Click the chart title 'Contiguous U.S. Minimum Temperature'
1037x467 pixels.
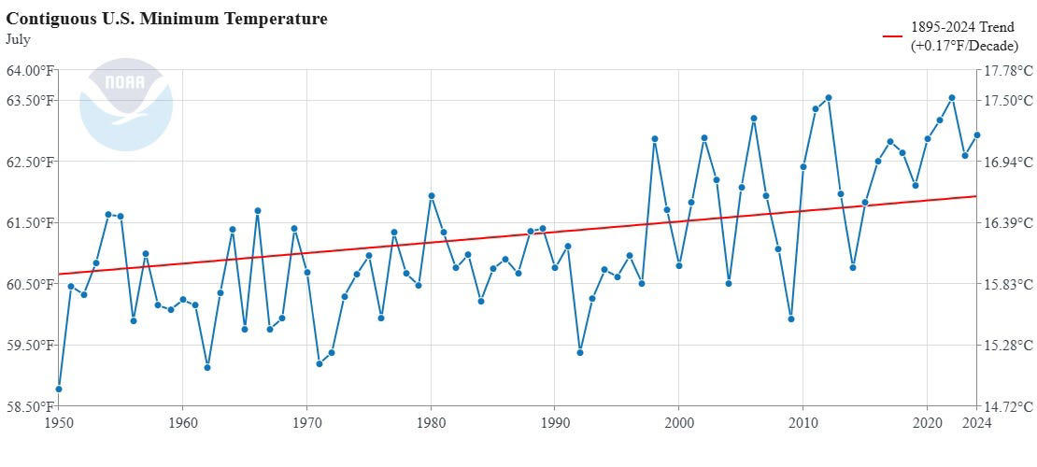click(x=166, y=19)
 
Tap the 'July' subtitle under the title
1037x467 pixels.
click(x=18, y=39)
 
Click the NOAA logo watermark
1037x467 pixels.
click(x=126, y=105)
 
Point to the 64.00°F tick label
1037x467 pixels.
click(x=31, y=70)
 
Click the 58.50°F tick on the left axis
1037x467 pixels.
click(x=31, y=406)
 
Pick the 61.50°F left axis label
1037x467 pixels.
click(x=31, y=223)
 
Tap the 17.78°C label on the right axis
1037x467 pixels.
click(x=1006, y=70)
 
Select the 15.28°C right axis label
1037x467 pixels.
click(x=1006, y=346)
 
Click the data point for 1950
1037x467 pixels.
click(x=59, y=389)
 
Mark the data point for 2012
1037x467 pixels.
click(x=828, y=98)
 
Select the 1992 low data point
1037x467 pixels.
click(x=580, y=352)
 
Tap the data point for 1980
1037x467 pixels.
click(x=432, y=196)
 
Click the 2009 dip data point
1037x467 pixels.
click(x=791, y=318)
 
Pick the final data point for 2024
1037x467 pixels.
click(x=977, y=134)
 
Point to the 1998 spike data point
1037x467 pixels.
click(x=655, y=139)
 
